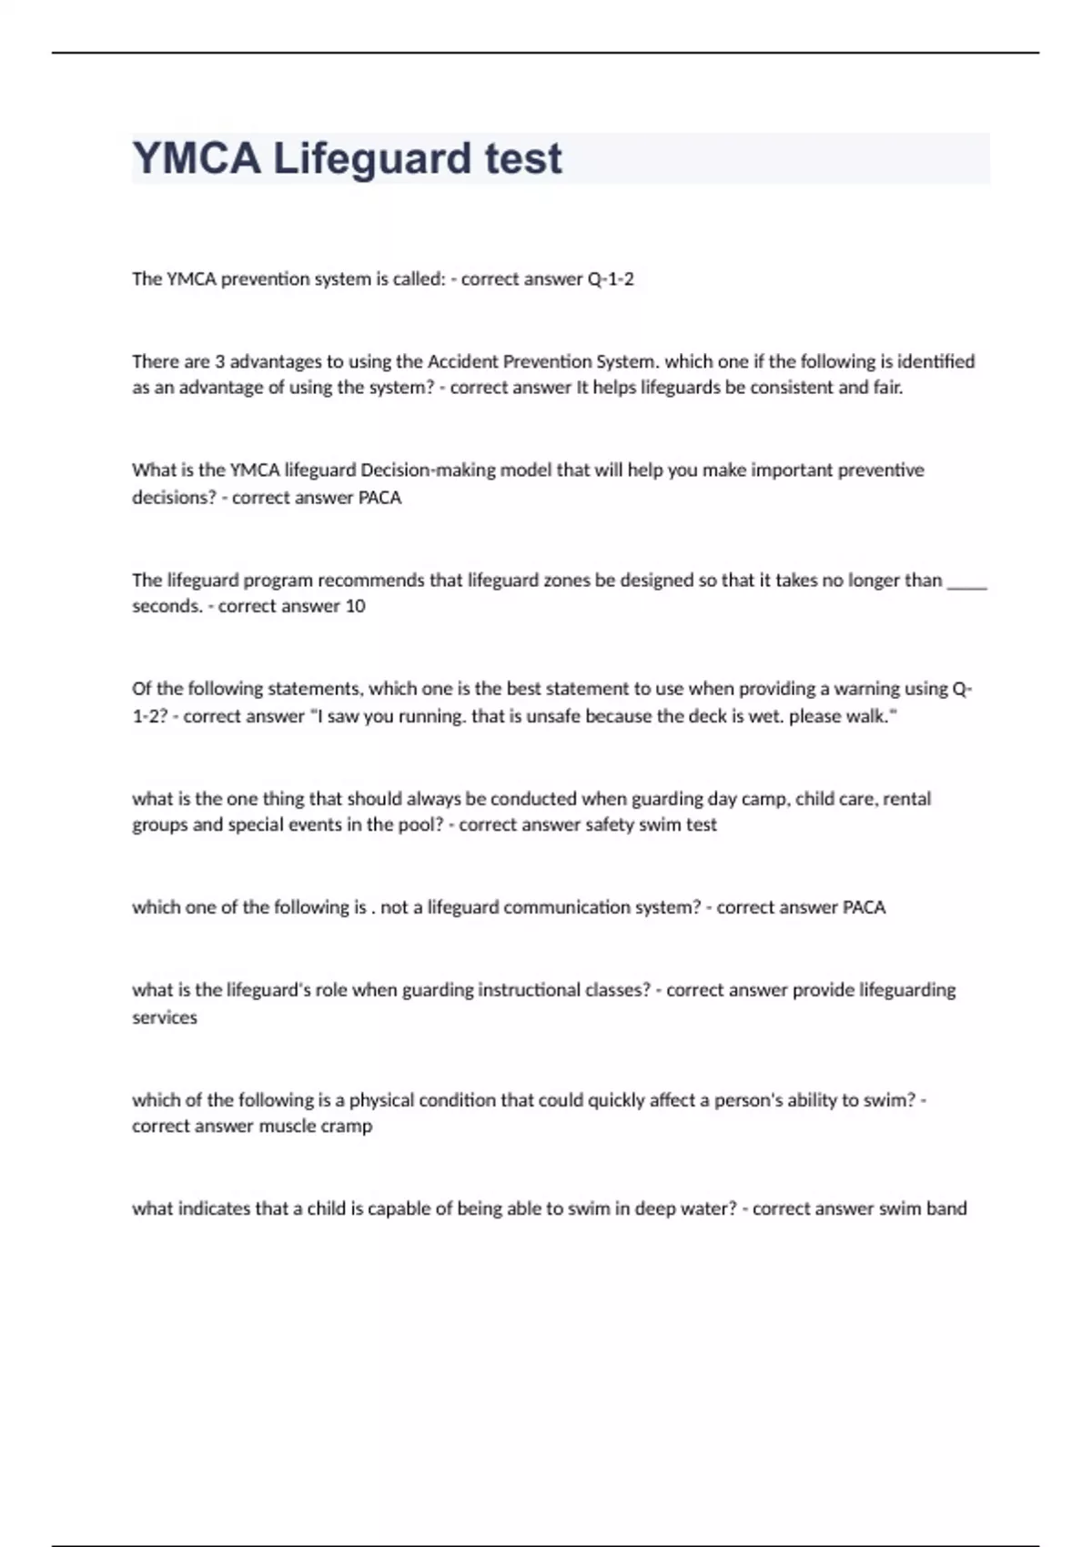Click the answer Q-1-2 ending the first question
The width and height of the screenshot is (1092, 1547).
pos(611,279)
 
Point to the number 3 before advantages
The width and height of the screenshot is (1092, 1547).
pos(219,361)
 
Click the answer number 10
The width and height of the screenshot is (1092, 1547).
pos(355,606)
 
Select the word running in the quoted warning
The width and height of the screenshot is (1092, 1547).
pos(430,716)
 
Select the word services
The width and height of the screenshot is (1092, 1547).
pos(165,1017)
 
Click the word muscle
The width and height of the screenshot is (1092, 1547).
pos(287,1126)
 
